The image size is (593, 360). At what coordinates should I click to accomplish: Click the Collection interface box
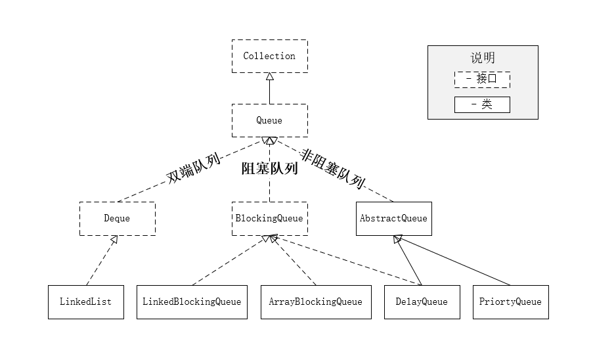click(269, 56)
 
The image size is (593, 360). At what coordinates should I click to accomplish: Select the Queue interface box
click(269, 120)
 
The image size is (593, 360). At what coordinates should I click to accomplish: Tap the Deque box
click(117, 218)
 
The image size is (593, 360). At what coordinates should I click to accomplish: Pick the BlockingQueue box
click(269, 218)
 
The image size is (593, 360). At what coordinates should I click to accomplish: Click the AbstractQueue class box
click(393, 218)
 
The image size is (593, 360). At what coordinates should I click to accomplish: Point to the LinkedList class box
click(85, 302)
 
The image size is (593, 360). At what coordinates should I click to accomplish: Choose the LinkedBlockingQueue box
click(192, 302)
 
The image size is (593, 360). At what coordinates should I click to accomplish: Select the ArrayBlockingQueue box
click(315, 302)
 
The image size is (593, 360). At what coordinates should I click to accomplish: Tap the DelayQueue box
click(421, 302)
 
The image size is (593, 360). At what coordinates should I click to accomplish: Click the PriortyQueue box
click(510, 302)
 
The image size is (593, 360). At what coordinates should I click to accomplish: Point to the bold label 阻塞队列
click(269, 169)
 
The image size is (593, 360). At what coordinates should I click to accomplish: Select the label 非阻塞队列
click(332, 168)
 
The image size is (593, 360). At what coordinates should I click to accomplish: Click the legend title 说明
click(483, 58)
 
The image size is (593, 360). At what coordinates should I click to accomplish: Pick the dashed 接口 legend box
click(482, 79)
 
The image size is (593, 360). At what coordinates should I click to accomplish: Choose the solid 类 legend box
click(482, 104)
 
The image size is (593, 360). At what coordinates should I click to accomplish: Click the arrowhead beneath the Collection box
click(269, 76)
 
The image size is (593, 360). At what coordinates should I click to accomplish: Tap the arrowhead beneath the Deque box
click(114, 240)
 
